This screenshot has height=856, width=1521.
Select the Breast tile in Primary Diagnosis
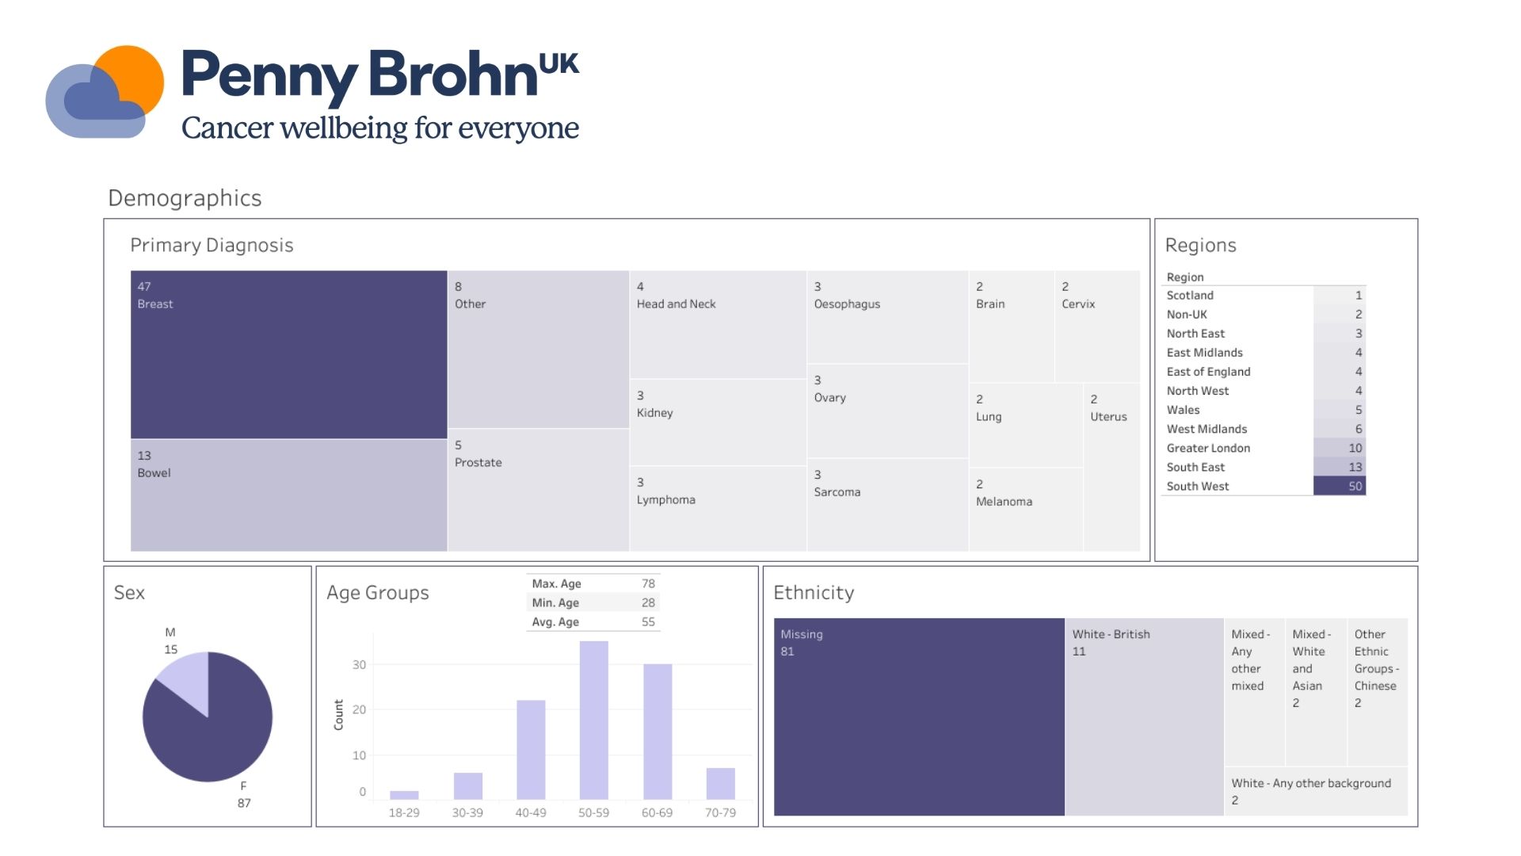pyautogui.click(x=288, y=354)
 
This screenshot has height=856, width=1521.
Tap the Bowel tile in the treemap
pyautogui.click(x=288, y=495)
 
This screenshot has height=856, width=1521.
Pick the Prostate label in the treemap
pyautogui.click(x=478, y=463)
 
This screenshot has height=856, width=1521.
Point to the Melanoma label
pyautogui.click(x=1004, y=502)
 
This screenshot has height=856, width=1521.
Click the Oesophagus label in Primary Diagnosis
pyautogui.click(x=847, y=304)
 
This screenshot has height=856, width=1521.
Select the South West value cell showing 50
pyautogui.click(x=1340, y=486)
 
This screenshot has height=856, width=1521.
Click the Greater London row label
pyautogui.click(x=1208, y=448)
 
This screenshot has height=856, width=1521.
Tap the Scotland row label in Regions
pyautogui.click(x=1190, y=295)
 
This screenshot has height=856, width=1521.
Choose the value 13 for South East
pyautogui.click(x=1355, y=467)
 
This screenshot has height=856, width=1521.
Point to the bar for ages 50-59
pyautogui.click(x=593, y=720)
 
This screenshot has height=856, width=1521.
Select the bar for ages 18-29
pyautogui.click(x=404, y=794)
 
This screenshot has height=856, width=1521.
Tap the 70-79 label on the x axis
pyautogui.click(x=720, y=812)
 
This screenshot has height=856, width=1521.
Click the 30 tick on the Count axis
pyautogui.click(x=359, y=665)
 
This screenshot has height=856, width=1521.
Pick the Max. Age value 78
pyautogui.click(x=648, y=583)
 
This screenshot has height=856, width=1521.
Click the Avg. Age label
pyautogui.click(x=555, y=622)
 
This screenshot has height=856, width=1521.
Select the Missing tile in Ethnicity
pyautogui.click(x=919, y=717)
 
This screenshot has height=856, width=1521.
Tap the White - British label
pyautogui.click(x=1111, y=634)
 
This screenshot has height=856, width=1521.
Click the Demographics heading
pyautogui.click(x=185, y=198)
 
